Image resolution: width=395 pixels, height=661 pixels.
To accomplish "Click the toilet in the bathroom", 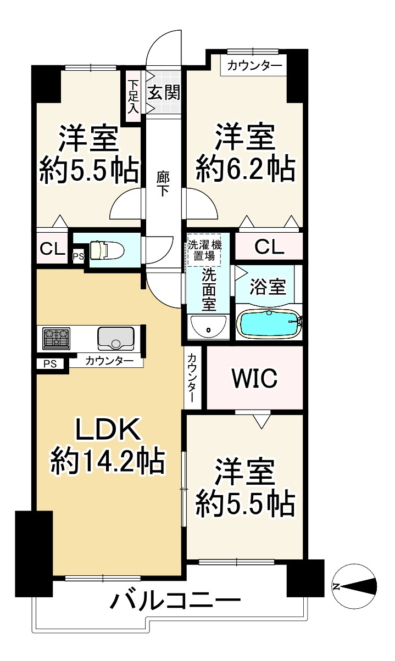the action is (107, 250).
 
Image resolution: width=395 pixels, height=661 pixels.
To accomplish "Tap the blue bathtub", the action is (269, 324).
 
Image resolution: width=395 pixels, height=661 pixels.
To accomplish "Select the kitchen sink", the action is (115, 339).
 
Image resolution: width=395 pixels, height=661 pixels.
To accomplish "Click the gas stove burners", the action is (57, 339).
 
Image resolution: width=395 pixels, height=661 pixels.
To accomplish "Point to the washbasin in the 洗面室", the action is (208, 326).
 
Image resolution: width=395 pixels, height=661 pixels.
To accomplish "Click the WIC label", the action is (254, 378).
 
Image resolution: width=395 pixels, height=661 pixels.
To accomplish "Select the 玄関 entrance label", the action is (164, 93).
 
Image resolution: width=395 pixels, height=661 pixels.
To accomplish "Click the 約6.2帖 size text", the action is (246, 169).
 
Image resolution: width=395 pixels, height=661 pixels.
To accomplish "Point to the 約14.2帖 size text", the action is (108, 463).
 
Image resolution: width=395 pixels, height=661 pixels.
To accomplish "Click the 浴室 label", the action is (268, 286).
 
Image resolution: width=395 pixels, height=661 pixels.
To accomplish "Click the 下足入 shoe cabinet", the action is (133, 97).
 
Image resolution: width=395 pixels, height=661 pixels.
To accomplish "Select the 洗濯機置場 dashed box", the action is (205, 250).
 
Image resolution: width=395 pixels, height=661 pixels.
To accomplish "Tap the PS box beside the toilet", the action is (79, 256).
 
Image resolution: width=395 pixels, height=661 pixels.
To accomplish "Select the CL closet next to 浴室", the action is (269, 247).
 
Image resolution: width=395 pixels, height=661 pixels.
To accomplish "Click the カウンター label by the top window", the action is (254, 65).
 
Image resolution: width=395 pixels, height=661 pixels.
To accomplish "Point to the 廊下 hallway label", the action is (163, 184).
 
